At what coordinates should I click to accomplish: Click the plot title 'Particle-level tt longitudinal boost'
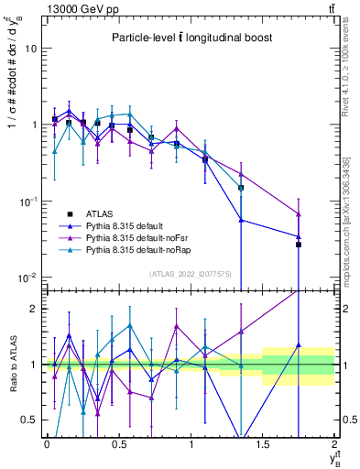189,38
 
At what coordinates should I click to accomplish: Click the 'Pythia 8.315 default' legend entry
138,225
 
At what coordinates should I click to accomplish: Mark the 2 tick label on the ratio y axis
34,309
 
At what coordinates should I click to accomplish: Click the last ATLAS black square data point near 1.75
299,245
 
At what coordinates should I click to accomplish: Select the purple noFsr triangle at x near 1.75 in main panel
299,214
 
